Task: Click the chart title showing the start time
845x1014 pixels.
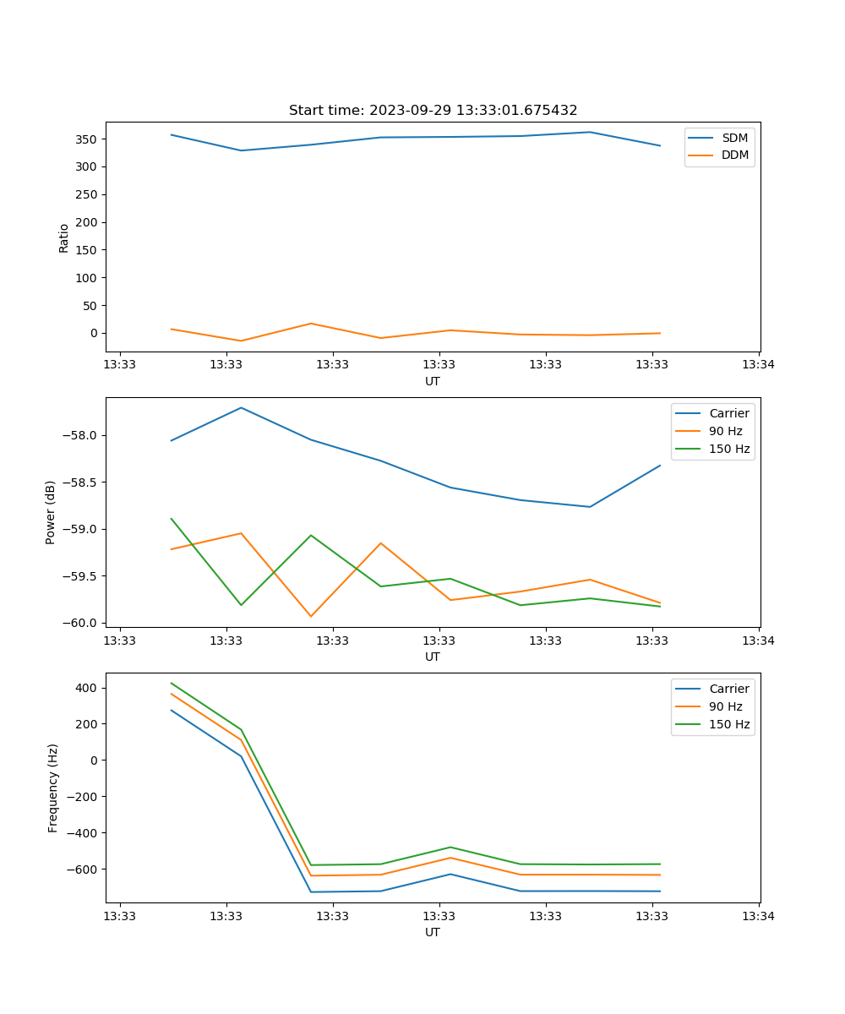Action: (x=433, y=111)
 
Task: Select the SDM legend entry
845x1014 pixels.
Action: (x=734, y=138)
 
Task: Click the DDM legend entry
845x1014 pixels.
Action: (x=734, y=155)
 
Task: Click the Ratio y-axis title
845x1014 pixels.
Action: (x=63, y=237)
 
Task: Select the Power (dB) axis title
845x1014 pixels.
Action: (x=51, y=512)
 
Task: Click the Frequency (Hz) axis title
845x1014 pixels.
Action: (x=52, y=788)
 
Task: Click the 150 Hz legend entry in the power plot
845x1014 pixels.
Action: (x=728, y=449)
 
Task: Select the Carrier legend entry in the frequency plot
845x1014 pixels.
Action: (x=728, y=689)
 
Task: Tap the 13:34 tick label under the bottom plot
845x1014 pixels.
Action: (x=758, y=916)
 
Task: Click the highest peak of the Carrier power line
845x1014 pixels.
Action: (x=241, y=407)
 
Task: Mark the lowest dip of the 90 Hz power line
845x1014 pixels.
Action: (x=311, y=616)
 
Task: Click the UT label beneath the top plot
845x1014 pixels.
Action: (x=433, y=381)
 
